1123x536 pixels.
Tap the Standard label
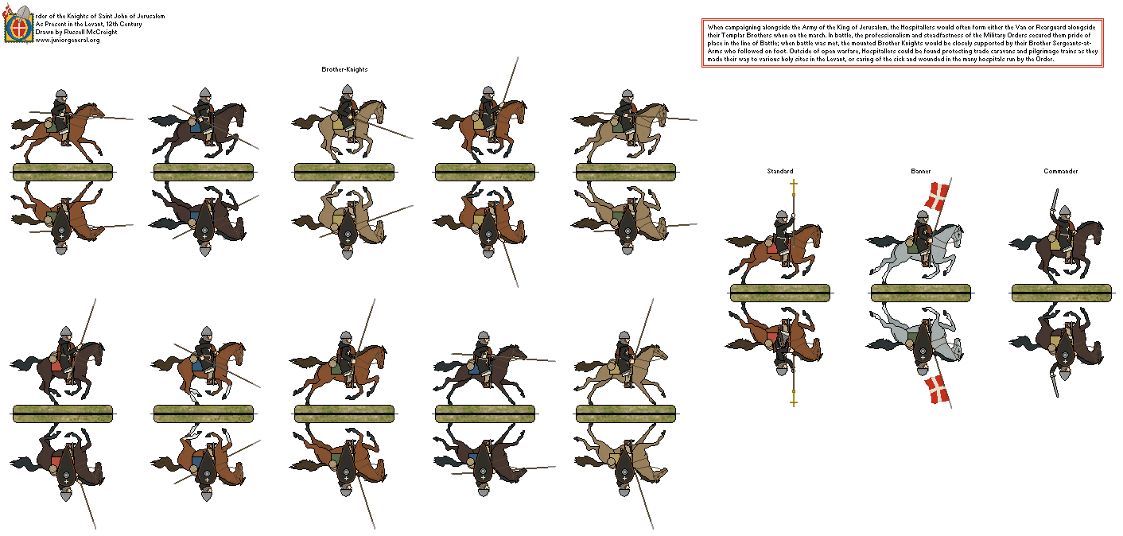pyautogui.click(x=779, y=172)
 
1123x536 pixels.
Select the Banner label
pyautogui.click(x=920, y=172)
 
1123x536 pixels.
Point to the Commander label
pyautogui.click(x=1062, y=172)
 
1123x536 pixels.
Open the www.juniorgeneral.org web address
pyautogui.click(x=68, y=40)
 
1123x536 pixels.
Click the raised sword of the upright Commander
pyautogui.click(x=1055, y=200)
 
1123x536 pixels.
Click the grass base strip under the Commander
pyautogui.click(x=1061, y=293)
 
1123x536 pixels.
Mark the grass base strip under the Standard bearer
pyautogui.click(x=779, y=293)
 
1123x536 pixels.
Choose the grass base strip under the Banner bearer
pyautogui.click(x=920, y=293)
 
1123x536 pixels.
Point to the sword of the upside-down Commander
pyautogui.click(x=1055, y=384)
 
